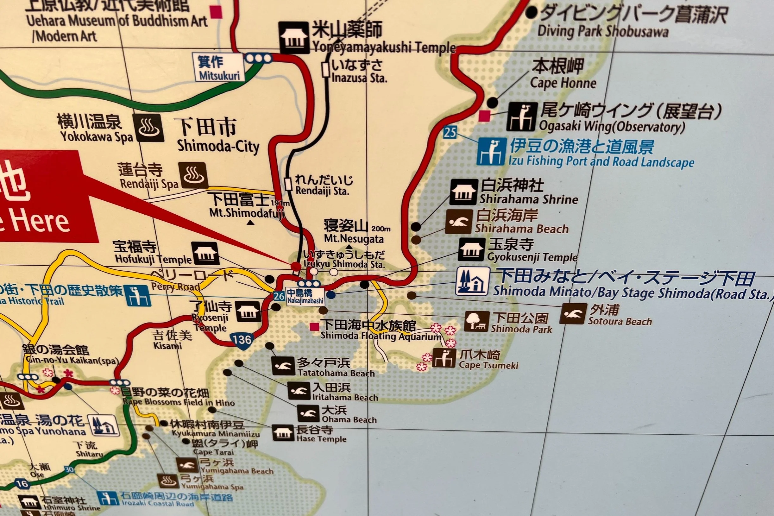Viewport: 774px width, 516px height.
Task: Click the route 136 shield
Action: coord(242,339)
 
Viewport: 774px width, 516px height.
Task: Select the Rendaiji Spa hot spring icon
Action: coord(194,175)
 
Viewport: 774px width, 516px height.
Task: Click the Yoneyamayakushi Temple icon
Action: coord(293,37)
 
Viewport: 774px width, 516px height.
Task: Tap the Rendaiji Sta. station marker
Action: coord(288,184)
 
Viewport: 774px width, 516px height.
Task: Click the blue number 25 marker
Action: coord(450,132)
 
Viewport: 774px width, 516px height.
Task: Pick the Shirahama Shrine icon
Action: coord(464,192)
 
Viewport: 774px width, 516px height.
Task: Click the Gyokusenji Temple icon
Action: coord(472,249)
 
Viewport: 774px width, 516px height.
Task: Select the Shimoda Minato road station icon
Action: coord(472,281)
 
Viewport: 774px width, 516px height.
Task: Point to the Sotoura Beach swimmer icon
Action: coord(574,314)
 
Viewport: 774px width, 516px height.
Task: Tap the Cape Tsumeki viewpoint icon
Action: coord(444,358)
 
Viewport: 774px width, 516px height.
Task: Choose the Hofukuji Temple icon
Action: coord(205,253)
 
